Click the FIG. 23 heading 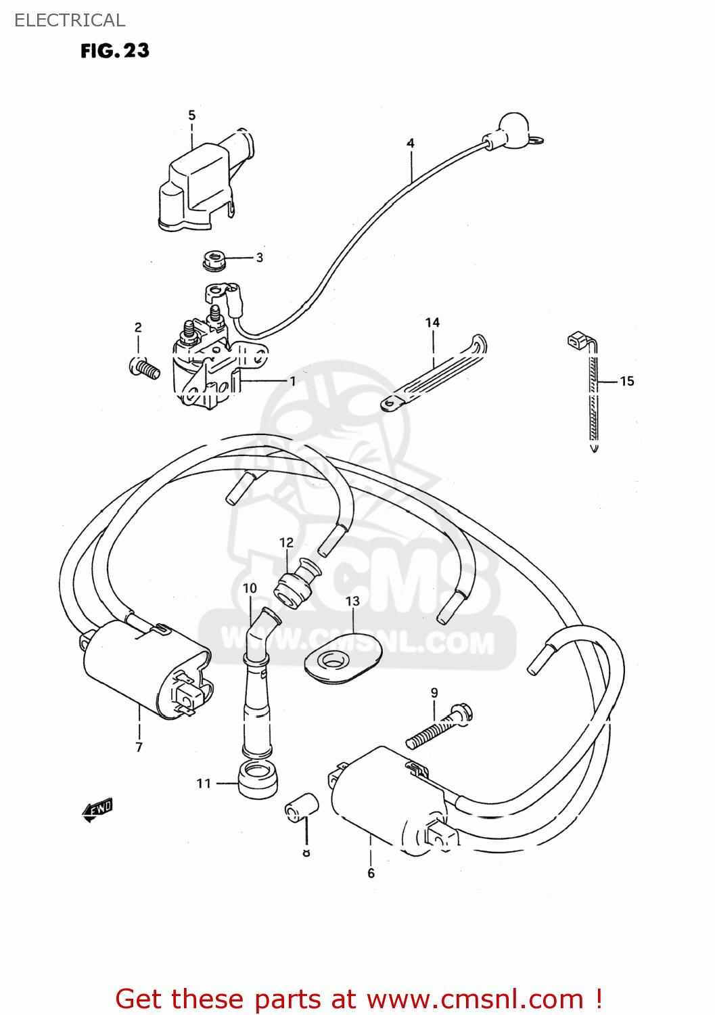coord(115,51)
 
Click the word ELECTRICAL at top coord(70,20)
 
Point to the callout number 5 coord(192,115)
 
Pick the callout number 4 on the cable coord(411,143)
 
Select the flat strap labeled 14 coord(433,376)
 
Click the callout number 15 coord(627,382)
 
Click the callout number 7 coord(139,747)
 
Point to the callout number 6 coord(371,874)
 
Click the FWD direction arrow coord(97,809)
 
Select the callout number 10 coord(250,589)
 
